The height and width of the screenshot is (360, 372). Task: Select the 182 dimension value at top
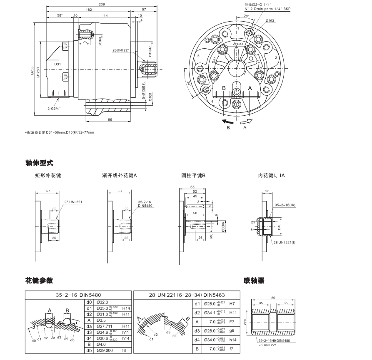[89, 9]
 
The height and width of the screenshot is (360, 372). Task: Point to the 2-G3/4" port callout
[54, 108]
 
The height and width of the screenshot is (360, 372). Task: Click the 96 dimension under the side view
[110, 120]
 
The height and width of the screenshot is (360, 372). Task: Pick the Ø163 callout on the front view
[270, 20]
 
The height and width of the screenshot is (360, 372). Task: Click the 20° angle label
[247, 16]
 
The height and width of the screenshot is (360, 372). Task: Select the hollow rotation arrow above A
[247, 121]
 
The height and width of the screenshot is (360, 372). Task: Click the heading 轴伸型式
[40, 162]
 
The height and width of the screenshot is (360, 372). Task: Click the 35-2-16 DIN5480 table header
[79, 295]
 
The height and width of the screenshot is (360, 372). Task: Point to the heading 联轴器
[254, 281]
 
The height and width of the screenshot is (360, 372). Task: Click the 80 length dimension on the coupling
[273, 298]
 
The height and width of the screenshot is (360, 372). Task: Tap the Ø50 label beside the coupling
[245, 322]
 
